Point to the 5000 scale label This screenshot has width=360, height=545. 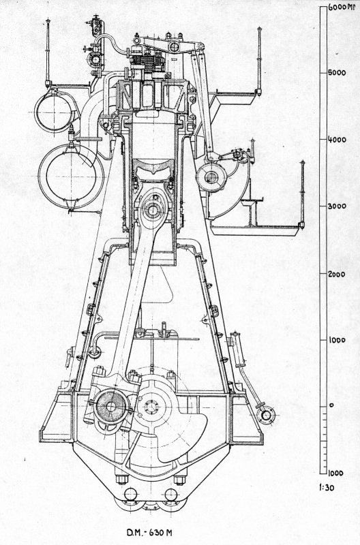click(337, 73)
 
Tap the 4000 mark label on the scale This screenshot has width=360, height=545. click(337, 140)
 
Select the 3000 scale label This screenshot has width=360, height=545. click(337, 206)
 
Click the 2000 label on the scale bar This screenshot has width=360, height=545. click(337, 275)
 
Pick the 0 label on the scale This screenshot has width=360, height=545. click(331, 405)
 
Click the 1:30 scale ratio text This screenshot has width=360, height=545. click(327, 488)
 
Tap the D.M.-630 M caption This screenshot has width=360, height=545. click(149, 533)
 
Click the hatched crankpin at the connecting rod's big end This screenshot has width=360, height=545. click(110, 406)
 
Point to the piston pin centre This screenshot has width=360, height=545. click(153, 210)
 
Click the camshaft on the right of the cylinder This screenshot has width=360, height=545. click(211, 177)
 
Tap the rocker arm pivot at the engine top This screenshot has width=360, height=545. click(175, 47)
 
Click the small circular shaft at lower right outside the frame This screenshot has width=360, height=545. click(266, 416)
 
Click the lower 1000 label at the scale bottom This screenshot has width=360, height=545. click(336, 473)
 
